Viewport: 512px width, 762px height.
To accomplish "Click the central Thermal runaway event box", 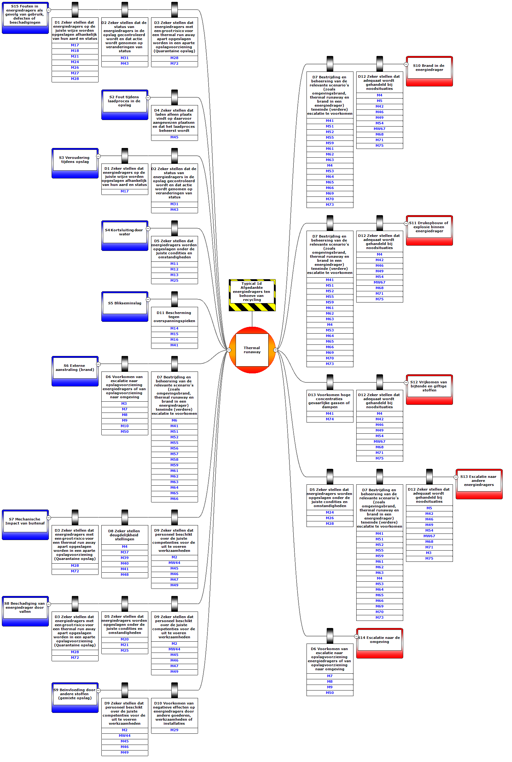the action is coord(252,350).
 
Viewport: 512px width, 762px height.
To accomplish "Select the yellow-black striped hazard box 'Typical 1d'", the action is coord(252,295).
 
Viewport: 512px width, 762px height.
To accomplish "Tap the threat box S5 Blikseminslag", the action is coord(125,306).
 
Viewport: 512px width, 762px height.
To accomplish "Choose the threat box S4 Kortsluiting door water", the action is coord(125,235).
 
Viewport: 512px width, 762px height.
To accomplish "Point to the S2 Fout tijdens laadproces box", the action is coord(125,104).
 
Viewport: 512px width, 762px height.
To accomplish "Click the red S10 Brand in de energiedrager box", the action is coord(429,71).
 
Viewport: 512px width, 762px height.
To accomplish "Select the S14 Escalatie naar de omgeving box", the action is coord(380,643).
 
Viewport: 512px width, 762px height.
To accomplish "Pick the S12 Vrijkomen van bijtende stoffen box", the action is coord(429,390).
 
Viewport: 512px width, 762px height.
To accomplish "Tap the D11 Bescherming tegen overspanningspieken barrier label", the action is coord(174,317).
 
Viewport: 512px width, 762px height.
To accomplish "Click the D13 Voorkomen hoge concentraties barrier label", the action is coord(330,401).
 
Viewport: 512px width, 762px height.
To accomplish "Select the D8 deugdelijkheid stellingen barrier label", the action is coord(125,535).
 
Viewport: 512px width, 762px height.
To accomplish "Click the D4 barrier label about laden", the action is coord(174,120).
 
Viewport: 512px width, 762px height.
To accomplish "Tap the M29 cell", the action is coord(174,730).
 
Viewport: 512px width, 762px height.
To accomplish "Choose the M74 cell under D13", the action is coord(330,419).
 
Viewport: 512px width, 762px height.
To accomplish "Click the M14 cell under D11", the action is coord(174,328).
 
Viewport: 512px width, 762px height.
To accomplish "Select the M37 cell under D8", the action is coord(125,552).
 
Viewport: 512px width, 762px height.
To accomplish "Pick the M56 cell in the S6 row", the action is coord(174,448).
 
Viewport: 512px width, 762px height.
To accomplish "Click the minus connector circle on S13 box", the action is coord(456,477).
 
